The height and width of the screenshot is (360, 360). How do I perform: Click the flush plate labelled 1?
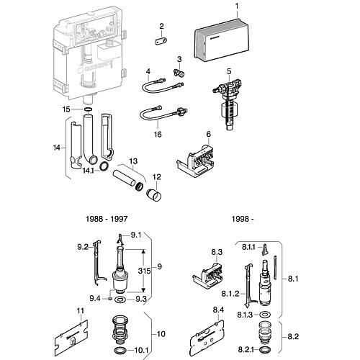222,39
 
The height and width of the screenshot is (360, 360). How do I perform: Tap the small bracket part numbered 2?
161,41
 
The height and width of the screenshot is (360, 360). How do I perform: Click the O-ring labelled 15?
88,109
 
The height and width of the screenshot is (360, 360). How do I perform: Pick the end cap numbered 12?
154,194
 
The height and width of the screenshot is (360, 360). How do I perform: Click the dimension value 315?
144,271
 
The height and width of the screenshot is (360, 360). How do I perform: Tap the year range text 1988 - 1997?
107,219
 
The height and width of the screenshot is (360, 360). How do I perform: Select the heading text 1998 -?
243,219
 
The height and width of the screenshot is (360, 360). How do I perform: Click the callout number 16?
158,134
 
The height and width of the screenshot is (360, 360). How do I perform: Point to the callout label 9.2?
83,247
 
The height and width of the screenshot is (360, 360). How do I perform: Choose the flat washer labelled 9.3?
120,299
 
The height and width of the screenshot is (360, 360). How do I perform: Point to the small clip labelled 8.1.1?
264,250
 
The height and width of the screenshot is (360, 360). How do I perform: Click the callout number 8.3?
217,252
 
